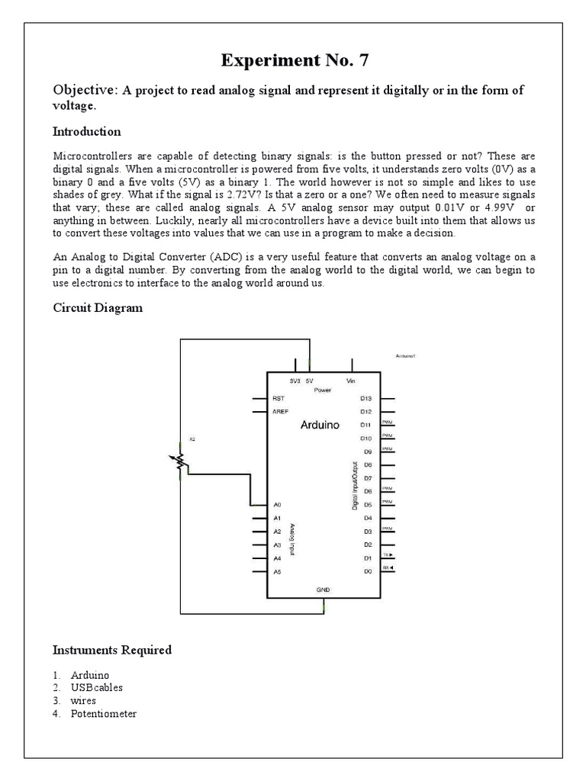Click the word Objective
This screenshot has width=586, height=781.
pyautogui.click(x=84, y=91)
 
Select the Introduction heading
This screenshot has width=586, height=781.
pyautogui.click(x=86, y=132)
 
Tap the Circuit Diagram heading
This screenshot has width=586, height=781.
pyautogui.click(x=97, y=308)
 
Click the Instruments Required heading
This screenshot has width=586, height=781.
pyautogui.click(x=111, y=650)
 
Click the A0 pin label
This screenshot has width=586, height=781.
pyautogui.click(x=277, y=505)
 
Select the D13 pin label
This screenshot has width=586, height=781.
pyautogui.click(x=365, y=398)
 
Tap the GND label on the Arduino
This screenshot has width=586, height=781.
pyautogui.click(x=323, y=590)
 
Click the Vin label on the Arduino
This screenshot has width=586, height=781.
pyautogui.click(x=351, y=380)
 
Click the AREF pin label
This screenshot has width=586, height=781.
pyautogui.click(x=280, y=412)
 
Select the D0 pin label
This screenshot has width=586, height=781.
pyautogui.click(x=366, y=571)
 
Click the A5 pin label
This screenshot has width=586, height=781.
pyautogui.click(x=277, y=571)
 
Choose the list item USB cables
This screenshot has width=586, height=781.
pyautogui.click(x=96, y=687)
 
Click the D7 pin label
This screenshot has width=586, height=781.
pyautogui.click(x=367, y=477)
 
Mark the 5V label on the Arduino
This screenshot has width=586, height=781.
pyautogui.click(x=309, y=380)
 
